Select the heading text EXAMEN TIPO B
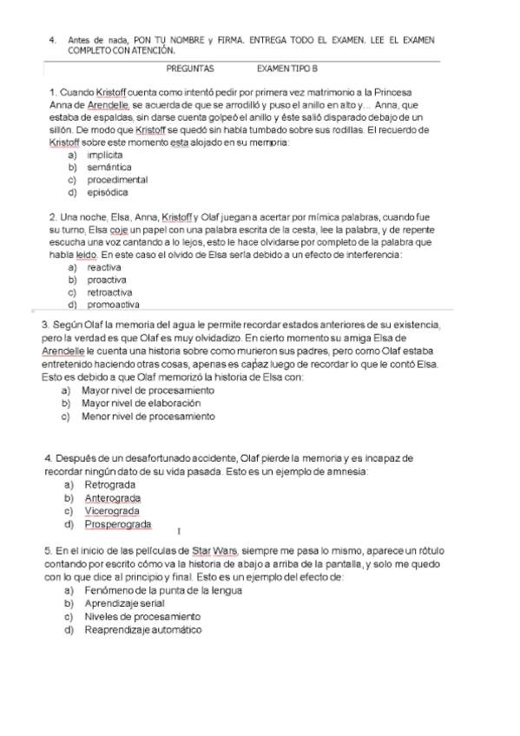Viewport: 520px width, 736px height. [x=287, y=68]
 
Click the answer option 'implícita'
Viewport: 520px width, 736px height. [x=105, y=154]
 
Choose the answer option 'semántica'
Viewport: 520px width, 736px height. [x=109, y=167]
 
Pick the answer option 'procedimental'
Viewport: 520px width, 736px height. [x=117, y=180]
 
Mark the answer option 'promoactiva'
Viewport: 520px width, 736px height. [x=113, y=305]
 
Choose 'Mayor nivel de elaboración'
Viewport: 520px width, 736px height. [x=141, y=404]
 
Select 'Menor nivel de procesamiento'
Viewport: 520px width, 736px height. [x=148, y=417]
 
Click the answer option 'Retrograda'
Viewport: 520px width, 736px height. [x=110, y=484]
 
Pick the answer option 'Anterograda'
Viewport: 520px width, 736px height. [x=113, y=498]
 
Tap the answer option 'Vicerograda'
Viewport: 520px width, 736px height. [x=112, y=511]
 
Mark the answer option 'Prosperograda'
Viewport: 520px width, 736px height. [x=118, y=524]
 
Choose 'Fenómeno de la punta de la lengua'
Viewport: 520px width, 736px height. [x=163, y=590]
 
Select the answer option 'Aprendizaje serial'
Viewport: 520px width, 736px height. [x=125, y=603]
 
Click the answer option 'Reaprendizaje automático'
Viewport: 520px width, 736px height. [x=143, y=629]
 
